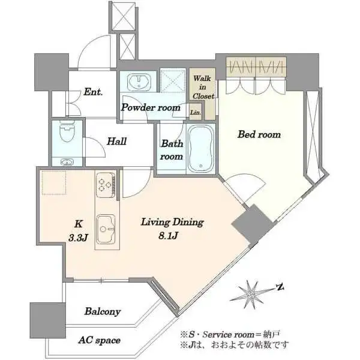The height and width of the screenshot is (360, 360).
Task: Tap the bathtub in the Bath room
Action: [x=200, y=149]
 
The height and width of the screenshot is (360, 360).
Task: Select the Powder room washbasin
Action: [x=139, y=82]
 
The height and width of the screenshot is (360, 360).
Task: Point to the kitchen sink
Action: [x=106, y=229]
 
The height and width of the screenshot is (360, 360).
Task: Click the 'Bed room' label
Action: [x=259, y=134]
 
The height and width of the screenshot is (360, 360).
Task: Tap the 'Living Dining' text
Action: [x=172, y=222]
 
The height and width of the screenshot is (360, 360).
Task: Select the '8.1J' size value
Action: [x=168, y=236]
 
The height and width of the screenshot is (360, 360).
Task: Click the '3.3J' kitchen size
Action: [x=78, y=238]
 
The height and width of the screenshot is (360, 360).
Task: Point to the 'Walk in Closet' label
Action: [x=203, y=87]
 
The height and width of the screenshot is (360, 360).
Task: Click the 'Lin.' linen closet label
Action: [x=196, y=113]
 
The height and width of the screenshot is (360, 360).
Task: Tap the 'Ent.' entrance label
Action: [x=93, y=92]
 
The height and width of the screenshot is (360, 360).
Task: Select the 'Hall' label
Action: [x=116, y=141]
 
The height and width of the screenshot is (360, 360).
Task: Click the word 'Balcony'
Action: [x=103, y=311]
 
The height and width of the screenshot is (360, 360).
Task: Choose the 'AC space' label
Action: [x=99, y=340]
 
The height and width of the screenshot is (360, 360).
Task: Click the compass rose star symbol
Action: [x=251, y=295]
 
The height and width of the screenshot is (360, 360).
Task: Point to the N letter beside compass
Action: [x=280, y=287]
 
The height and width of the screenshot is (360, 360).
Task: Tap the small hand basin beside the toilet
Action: [x=67, y=162]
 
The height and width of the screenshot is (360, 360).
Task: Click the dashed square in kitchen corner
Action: [x=54, y=183]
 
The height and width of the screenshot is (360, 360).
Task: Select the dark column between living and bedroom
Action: [x=252, y=224]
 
